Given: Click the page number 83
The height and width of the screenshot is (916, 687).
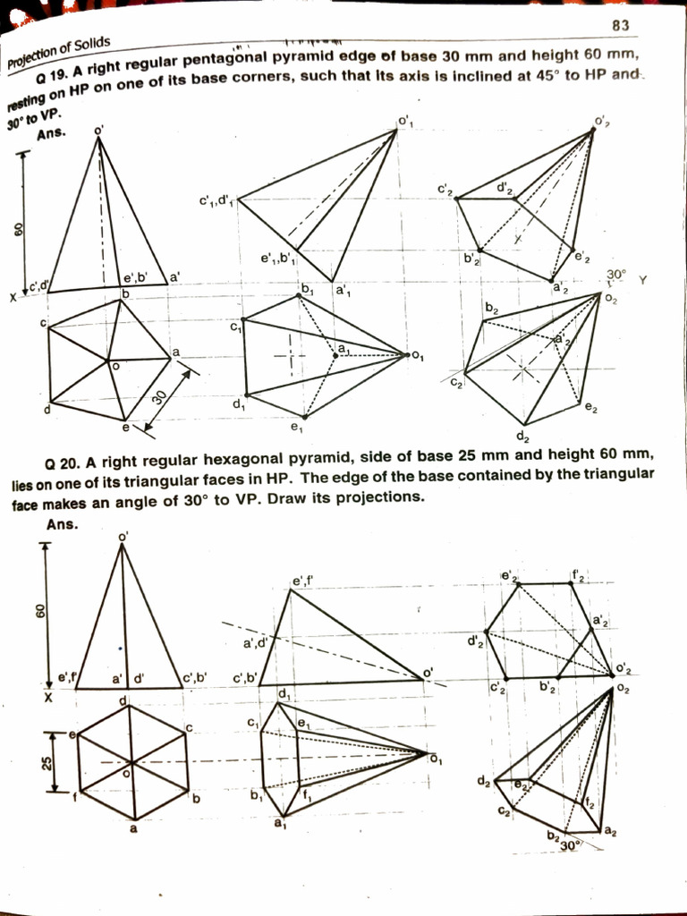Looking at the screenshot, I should pyautogui.click(x=622, y=26).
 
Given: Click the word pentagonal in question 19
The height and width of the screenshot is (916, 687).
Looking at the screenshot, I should pyautogui.click(x=227, y=61).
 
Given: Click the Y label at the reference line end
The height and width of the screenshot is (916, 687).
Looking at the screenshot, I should pyautogui.click(x=642, y=280).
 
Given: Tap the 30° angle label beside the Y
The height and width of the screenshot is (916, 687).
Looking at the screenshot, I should pyautogui.click(x=616, y=275).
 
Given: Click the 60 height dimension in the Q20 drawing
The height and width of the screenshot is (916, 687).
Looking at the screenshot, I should pyautogui.click(x=40, y=611).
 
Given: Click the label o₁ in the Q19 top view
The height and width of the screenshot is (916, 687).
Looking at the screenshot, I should pyautogui.click(x=417, y=357).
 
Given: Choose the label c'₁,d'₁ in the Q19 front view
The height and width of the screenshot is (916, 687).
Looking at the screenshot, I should pyautogui.click(x=216, y=199).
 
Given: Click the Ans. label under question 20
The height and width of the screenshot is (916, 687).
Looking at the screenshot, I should pyautogui.click(x=62, y=524).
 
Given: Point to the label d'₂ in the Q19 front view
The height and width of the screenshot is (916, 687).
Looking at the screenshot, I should pyautogui.click(x=505, y=189).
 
